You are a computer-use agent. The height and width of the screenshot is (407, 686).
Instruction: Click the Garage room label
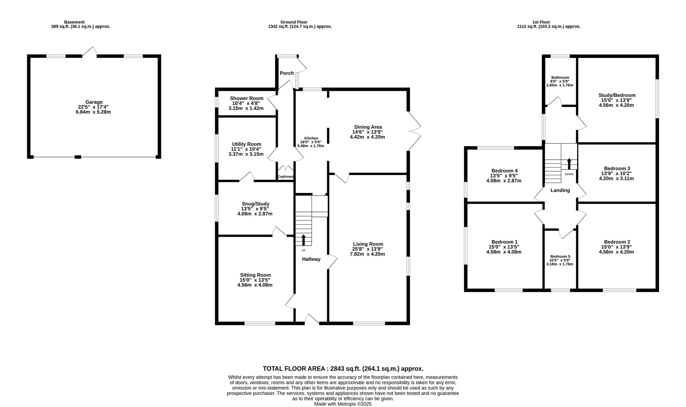pos(94,102)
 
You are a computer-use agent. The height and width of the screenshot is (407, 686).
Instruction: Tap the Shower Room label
pos(246,98)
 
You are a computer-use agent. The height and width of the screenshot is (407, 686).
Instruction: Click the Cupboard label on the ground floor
pos(285,177)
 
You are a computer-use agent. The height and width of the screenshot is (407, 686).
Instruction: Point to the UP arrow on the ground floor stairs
pos(304,240)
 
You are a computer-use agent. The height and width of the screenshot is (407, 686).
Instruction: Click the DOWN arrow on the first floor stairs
pos(569,164)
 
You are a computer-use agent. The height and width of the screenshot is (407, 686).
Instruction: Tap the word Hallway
pos(311,259)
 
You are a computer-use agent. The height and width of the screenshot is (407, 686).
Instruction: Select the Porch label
pos(287,73)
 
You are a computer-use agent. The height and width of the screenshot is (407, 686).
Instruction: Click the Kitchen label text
pos(311,138)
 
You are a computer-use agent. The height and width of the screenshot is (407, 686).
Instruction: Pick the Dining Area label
pos(368,127)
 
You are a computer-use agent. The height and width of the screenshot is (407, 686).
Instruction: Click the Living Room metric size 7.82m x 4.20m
pos(367,254)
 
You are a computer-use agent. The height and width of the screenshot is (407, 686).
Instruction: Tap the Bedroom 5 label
pos(560,256)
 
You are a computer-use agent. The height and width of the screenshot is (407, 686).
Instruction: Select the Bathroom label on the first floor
pos(560,78)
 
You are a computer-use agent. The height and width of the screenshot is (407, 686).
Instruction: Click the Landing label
pos(560,190)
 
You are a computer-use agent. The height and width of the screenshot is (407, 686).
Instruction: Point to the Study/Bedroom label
pos(617,95)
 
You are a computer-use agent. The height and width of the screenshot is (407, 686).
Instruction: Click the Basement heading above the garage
pos(74,22)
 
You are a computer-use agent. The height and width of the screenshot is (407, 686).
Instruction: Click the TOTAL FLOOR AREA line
pos(343,369)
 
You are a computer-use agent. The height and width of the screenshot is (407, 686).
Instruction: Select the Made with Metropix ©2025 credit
pos(343,404)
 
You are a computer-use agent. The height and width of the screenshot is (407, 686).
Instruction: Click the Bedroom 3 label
pos(617,168)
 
